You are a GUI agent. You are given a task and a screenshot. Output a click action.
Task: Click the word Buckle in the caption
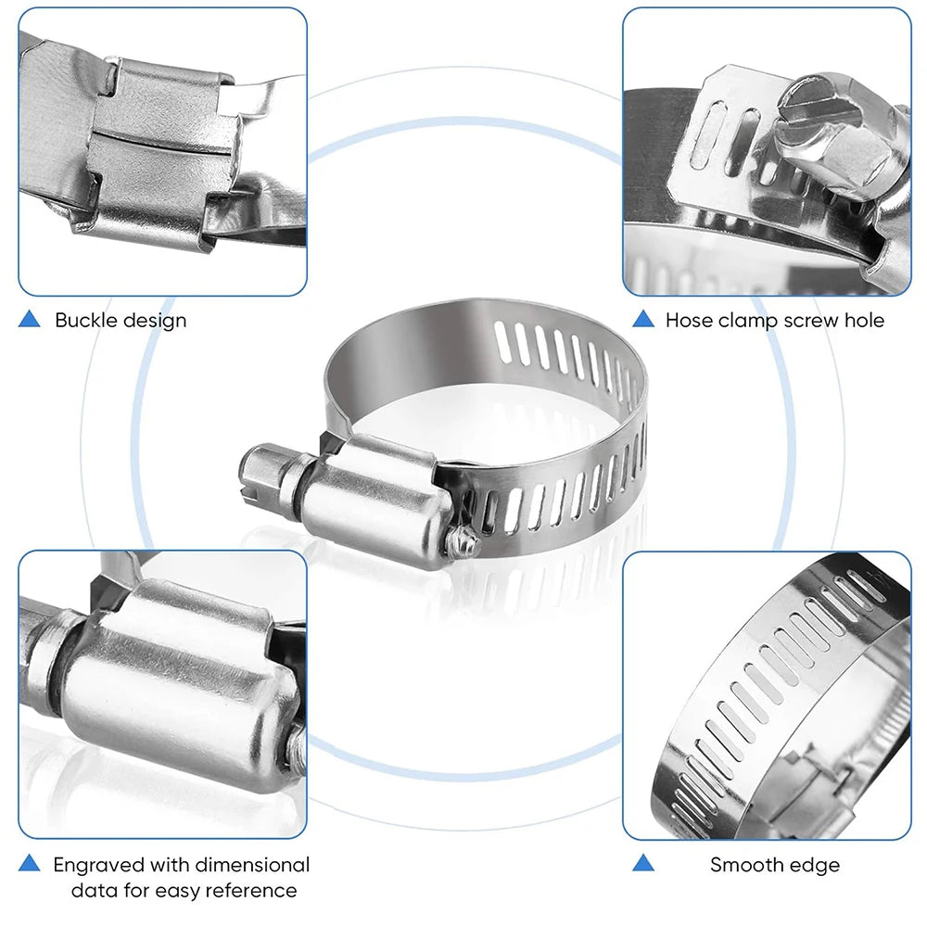pos(86,321)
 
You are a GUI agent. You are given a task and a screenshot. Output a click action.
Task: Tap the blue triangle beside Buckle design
pos(30,320)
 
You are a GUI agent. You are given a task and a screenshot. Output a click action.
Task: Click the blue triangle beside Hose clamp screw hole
pos(642,320)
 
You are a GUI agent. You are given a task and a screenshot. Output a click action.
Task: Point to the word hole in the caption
pos(863,321)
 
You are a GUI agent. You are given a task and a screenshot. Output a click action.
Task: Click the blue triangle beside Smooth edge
pos(642,864)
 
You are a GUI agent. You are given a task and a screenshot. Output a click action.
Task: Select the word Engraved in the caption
pos(99,866)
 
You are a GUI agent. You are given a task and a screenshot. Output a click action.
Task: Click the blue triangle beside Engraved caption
pos(30,864)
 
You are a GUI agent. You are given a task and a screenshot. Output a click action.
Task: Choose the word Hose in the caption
pos(688,321)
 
